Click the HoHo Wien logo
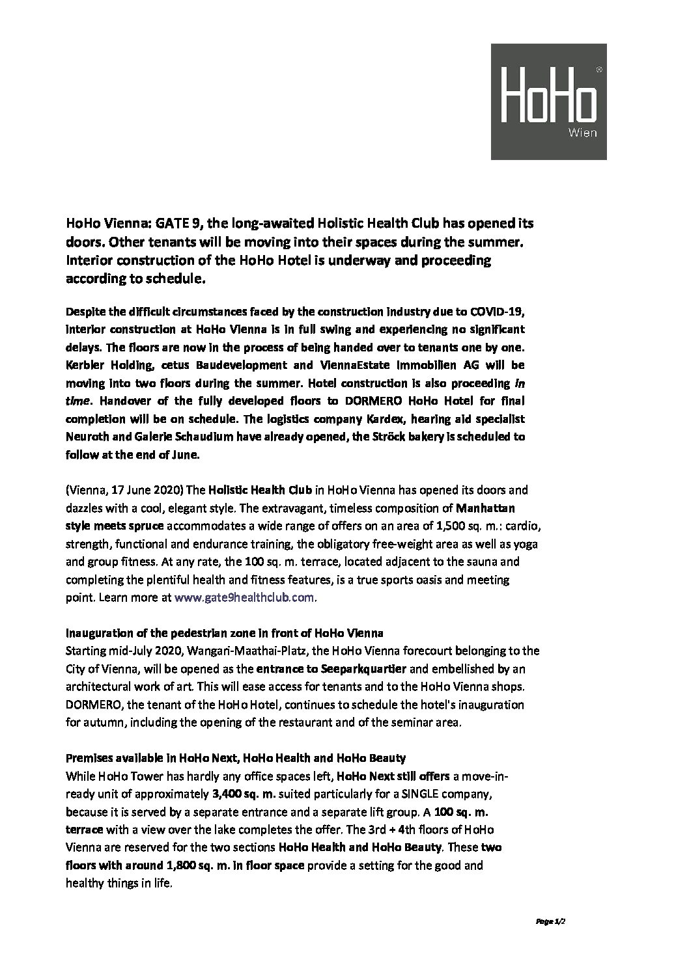click(548, 101)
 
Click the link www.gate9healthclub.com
click(245, 597)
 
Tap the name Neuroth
click(87, 436)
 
